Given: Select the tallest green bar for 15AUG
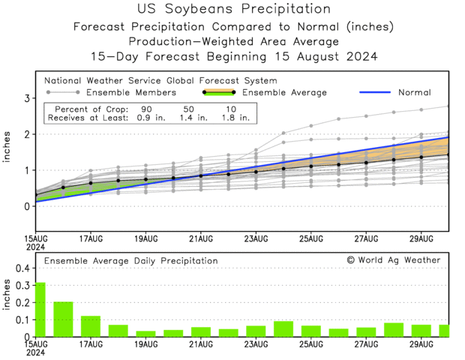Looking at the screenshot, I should [40, 309].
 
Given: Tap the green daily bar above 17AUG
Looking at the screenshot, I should [91, 326].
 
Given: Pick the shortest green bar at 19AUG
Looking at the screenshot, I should [145, 334].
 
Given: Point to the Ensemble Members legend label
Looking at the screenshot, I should [131, 92].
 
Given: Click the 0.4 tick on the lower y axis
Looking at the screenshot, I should [22, 268].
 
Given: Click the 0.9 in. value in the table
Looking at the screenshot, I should [144, 118].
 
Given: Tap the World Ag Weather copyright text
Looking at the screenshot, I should [394, 259].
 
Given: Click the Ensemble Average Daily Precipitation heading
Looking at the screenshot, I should [131, 260].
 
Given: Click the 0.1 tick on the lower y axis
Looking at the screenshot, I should [22, 319].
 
